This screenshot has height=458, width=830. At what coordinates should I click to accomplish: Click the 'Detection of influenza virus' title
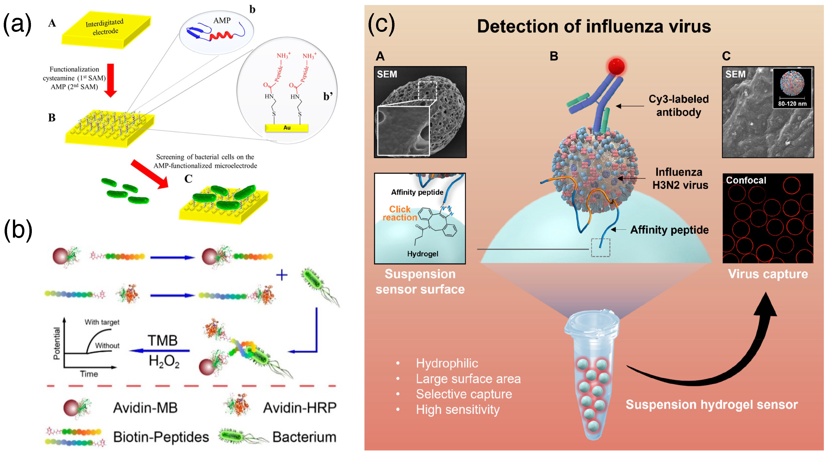594,26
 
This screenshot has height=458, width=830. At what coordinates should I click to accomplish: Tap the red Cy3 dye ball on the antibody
616,67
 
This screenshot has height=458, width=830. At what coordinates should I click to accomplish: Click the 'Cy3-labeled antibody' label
679,105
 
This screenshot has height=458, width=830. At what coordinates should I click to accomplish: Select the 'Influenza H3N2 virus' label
680,178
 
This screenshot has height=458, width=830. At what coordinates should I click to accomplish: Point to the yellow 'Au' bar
286,128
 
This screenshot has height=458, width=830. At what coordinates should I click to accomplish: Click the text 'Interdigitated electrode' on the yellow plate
105,27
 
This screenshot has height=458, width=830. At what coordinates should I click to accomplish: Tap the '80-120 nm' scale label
792,104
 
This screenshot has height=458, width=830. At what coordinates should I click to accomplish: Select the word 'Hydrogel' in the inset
422,254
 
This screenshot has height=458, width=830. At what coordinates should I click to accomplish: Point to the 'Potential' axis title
57,344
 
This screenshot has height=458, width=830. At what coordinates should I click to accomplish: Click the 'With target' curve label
102,322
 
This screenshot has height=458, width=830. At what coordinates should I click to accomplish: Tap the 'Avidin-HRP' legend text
300,408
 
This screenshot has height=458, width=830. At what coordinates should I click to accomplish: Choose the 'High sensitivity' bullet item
457,410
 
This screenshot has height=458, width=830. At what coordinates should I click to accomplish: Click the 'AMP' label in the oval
222,21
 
